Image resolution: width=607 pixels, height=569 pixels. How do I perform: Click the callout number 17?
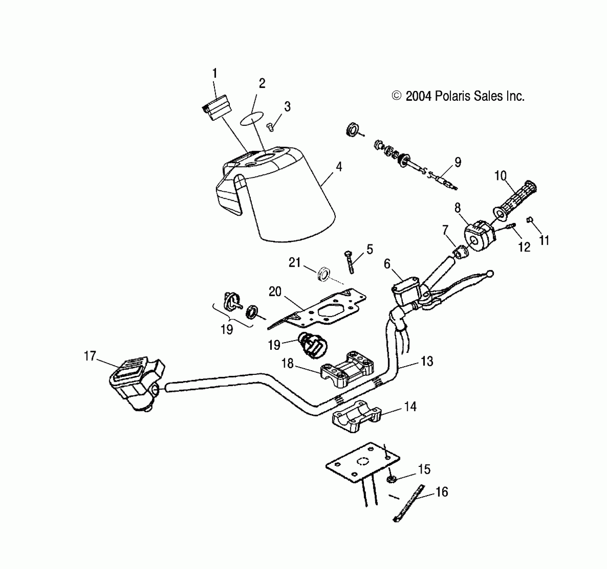click(x=90, y=356)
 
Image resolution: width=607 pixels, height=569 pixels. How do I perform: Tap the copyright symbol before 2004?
click(x=397, y=96)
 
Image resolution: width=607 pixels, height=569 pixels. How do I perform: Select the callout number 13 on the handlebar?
click(x=427, y=361)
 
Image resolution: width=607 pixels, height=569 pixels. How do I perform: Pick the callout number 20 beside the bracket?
click(x=275, y=292)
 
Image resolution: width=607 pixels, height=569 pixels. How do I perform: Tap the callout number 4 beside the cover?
click(x=339, y=167)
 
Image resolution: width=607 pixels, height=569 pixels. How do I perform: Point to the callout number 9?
click(x=457, y=162)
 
